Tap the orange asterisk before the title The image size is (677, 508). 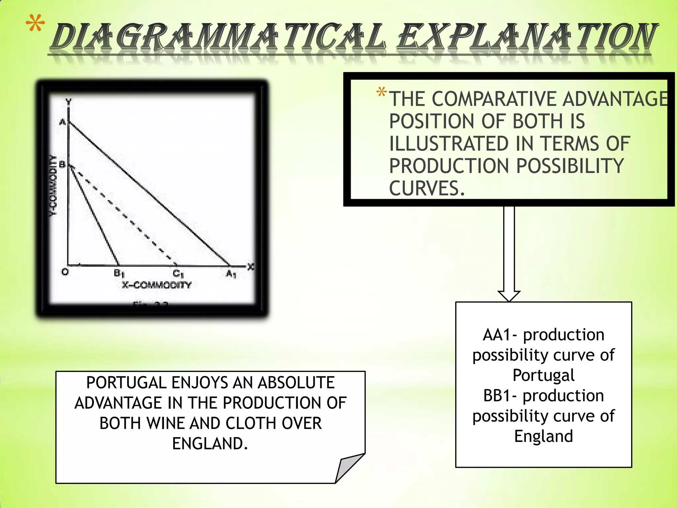pos(35,24)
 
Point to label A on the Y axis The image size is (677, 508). pos(62,122)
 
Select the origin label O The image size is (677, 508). pos(65,272)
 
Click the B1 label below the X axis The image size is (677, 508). pos(119,274)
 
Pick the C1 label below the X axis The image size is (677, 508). pos(178,274)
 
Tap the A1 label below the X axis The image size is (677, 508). pos(231,274)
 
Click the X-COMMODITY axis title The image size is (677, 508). pos(157,285)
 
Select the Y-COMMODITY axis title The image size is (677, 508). pos(53,185)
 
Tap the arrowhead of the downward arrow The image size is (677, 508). pos(509,296)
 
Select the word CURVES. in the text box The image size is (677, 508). pos(427,189)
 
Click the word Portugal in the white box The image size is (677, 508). pos(543,375)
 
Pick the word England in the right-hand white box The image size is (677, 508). pos(543,436)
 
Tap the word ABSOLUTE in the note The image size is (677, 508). pos(296,383)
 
